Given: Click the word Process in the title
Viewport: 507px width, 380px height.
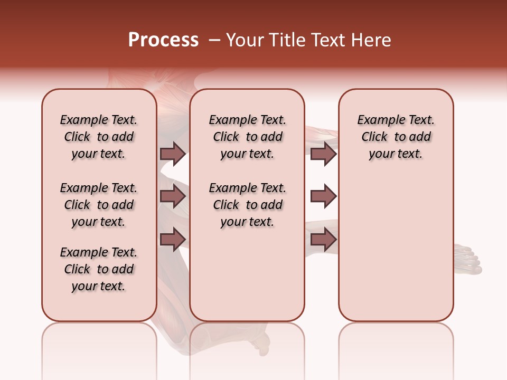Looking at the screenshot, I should [x=163, y=40].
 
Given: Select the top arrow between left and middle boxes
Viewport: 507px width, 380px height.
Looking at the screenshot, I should [x=173, y=154].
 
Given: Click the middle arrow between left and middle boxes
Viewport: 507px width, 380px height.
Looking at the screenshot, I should [x=173, y=196].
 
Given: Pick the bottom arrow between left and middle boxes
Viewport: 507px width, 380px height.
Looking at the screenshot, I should [x=173, y=239].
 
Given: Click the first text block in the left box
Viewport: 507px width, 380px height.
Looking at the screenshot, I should [x=99, y=137].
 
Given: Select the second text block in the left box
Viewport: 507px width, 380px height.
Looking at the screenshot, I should [x=99, y=205].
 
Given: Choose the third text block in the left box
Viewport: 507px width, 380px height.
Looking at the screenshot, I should [x=99, y=269].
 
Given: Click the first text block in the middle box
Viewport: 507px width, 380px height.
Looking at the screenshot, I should [x=248, y=137].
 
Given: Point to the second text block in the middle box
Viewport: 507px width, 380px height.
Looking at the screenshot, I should [x=248, y=205].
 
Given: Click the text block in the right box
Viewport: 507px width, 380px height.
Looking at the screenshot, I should [x=396, y=137].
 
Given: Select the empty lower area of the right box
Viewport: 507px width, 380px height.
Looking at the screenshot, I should [x=396, y=248].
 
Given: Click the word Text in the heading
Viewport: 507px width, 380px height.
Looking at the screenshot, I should [x=325, y=40].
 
